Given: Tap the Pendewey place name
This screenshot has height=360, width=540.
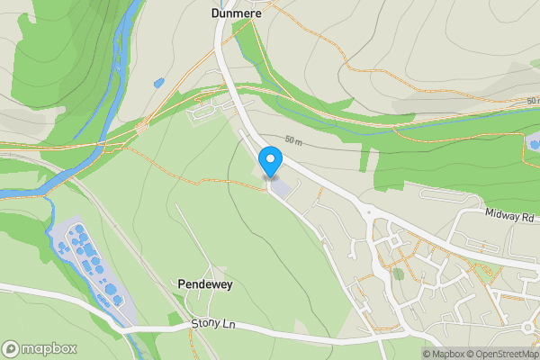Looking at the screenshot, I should (x=206, y=283).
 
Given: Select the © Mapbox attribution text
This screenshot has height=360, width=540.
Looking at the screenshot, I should (x=445, y=354).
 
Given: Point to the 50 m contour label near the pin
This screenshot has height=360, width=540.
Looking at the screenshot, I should (x=293, y=140).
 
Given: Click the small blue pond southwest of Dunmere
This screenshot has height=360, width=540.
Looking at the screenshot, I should (x=159, y=84).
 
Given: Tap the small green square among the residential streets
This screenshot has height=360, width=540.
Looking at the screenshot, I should (x=398, y=274).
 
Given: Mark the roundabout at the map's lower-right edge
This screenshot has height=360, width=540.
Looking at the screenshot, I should (x=528, y=326).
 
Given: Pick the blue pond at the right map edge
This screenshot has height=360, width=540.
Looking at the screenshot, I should (x=535, y=142).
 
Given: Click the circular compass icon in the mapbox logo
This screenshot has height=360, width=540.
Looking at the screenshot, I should (x=12, y=349).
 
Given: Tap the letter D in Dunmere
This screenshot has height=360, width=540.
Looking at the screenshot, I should (x=215, y=13).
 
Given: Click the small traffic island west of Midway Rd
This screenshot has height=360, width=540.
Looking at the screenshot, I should (x=367, y=212).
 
